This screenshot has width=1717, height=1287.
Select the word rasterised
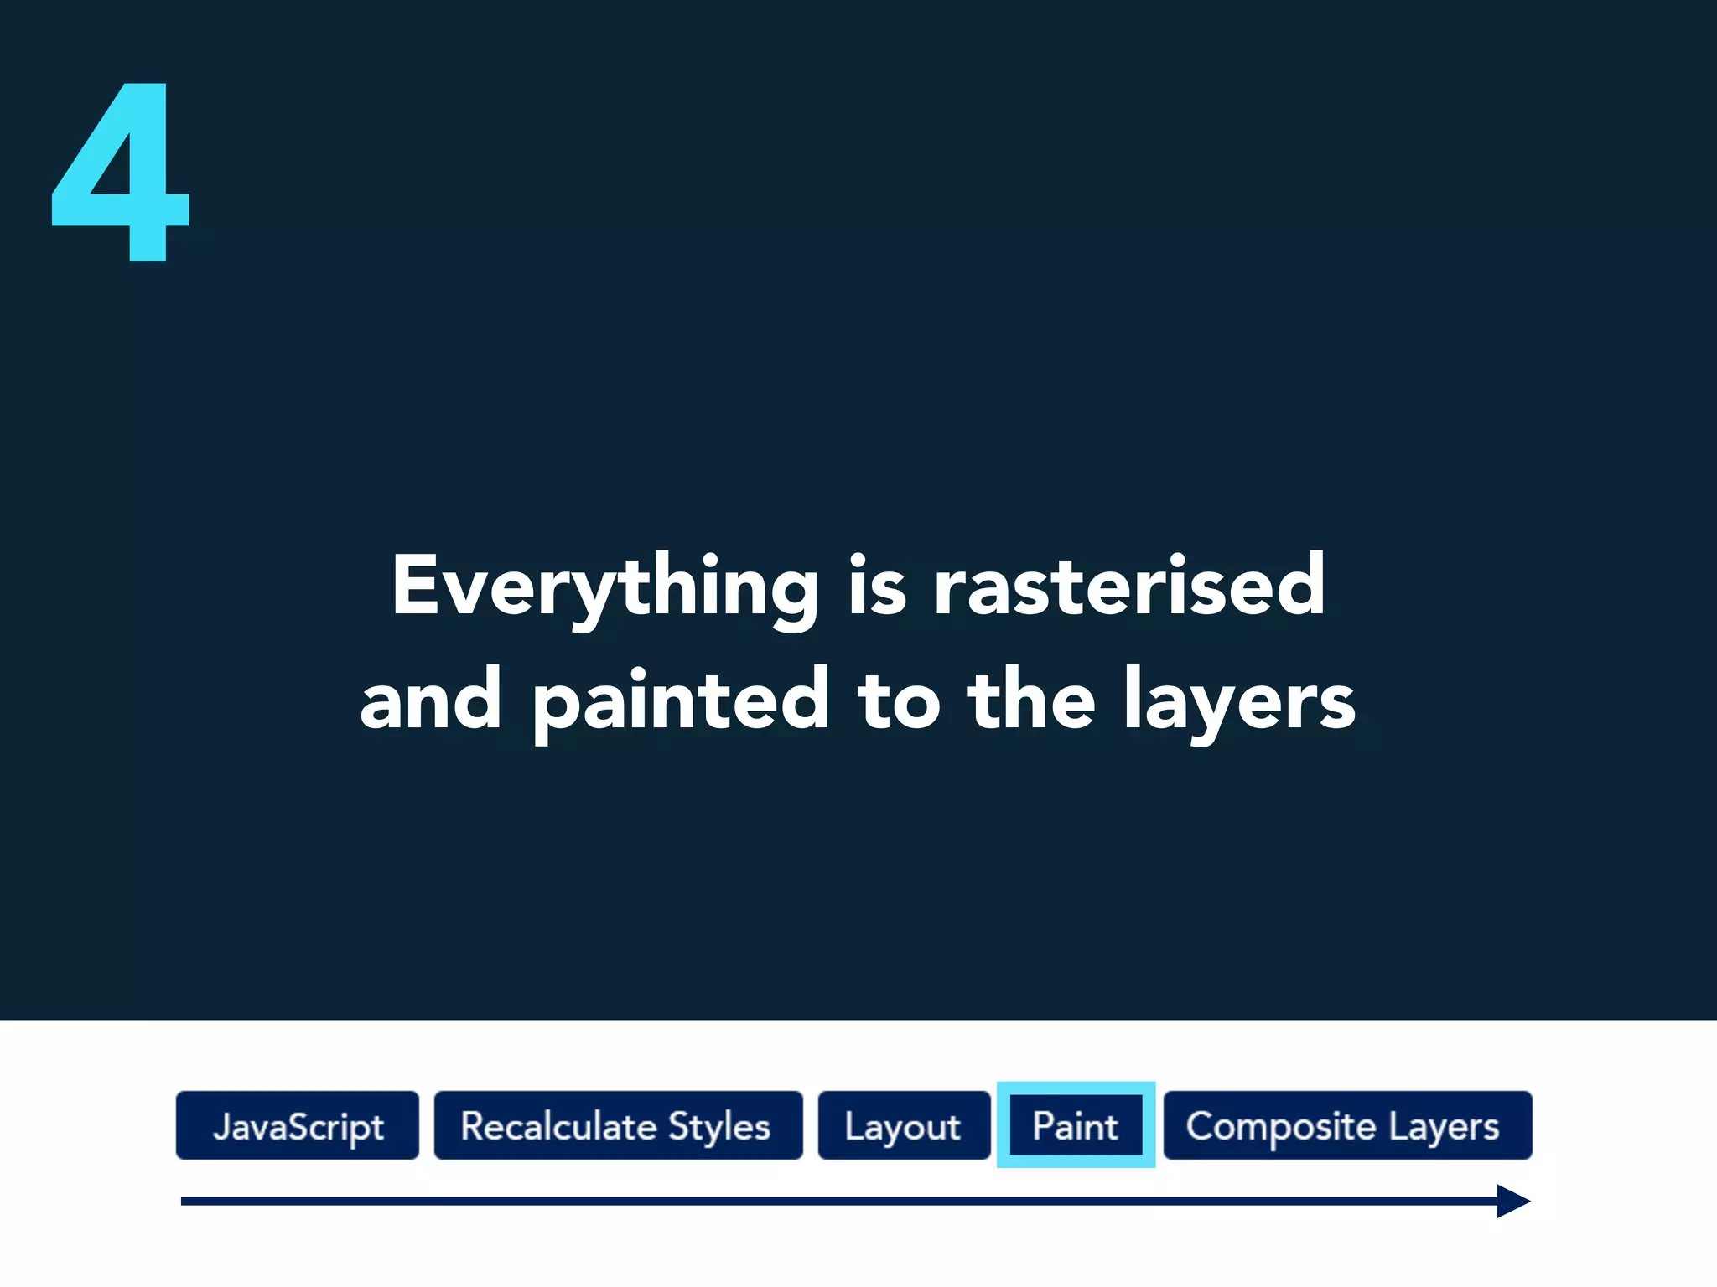(x=1129, y=587)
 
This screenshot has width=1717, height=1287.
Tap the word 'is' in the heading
(x=877, y=587)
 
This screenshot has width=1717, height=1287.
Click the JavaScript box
(x=298, y=1125)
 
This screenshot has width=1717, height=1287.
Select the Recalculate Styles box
(x=618, y=1125)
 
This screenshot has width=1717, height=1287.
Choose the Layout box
(x=904, y=1125)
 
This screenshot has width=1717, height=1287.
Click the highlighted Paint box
(x=1076, y=1125)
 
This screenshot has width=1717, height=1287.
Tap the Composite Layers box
(x=1347, y=1125)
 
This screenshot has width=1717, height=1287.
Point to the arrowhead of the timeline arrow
(x=1513, y=1202)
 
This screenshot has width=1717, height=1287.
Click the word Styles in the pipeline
(x=719, y=1126)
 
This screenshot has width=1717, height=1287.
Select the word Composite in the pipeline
(x=1280, y=1126)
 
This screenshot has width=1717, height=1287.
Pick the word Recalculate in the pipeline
(x=558, y=1126)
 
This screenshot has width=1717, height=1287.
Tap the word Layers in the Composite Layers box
(x=1444, y=1126)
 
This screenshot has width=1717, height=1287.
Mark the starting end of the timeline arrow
(x=184, y=1202)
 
